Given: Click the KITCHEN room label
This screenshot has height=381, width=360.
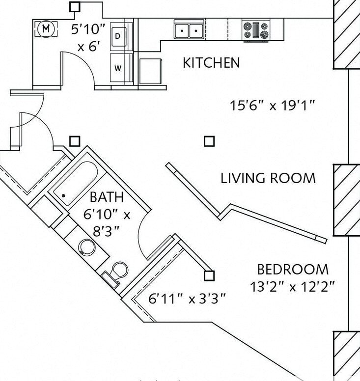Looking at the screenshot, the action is click(211, 63).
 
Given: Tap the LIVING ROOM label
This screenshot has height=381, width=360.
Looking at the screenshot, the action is click(268, 178).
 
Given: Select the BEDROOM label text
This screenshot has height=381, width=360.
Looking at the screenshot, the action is click(293, 269).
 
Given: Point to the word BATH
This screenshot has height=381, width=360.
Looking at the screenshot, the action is click(107, 197).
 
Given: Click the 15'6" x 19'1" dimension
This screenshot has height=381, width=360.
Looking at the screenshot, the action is click(273, 106).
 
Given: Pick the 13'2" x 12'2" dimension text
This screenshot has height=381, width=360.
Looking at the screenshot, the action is click(293, 287).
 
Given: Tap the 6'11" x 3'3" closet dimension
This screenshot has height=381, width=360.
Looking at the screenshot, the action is click(187, 299).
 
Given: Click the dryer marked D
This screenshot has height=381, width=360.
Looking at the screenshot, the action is click(119, 37).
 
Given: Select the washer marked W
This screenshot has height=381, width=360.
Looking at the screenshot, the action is click(119, 68).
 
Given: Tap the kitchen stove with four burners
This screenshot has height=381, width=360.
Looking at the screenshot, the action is click(256, 30).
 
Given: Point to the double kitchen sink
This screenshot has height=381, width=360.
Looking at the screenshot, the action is click(189, 29).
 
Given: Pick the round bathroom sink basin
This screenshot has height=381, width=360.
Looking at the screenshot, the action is click(87, 247).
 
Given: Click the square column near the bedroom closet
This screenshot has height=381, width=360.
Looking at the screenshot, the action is click(209, 276).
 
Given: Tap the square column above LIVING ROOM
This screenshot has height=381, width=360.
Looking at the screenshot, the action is click(209, 141).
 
